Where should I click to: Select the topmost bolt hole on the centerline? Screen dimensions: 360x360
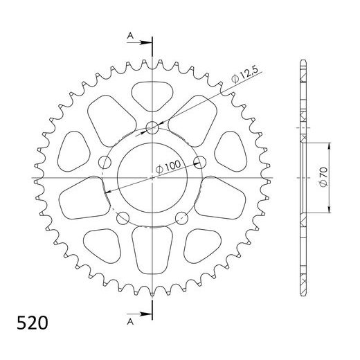tap(152, 127)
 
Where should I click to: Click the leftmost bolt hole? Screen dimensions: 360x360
tap(105, 163)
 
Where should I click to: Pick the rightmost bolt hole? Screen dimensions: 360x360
tap(200, 163)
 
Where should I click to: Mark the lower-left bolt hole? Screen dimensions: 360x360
tap(123, 219)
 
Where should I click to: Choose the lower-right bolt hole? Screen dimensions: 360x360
tap(182, 219)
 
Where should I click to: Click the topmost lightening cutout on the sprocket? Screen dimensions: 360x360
tap(152, 93)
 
